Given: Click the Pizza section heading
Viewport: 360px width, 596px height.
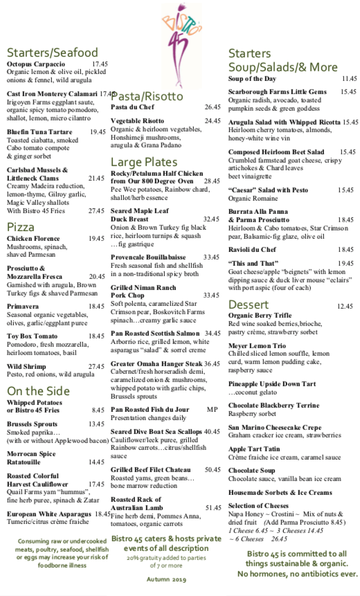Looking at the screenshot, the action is point(21,227).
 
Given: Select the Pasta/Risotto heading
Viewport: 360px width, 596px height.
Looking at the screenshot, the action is point(147,96).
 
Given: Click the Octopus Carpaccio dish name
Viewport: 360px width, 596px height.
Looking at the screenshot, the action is point(35,64).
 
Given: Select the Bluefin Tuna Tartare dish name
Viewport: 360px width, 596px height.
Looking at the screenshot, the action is point(39,132).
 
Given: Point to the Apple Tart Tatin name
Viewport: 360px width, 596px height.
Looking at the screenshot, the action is point(256,449).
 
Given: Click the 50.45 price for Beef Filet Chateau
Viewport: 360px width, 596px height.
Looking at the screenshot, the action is point(213,469).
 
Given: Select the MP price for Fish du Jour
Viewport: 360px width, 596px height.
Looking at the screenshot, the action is point(212,409).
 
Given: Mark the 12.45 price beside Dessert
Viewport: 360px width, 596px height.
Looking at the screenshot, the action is point(344,306).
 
